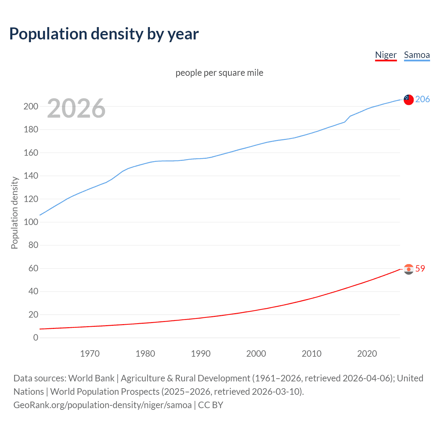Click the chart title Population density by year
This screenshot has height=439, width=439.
(104, 34)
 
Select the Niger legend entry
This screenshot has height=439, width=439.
(386, 55)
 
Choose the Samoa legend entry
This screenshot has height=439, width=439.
(417, 55)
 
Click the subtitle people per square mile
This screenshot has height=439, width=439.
(219, 73)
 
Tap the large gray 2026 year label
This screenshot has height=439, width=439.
(76, 108)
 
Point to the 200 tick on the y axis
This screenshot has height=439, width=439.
(31, 106)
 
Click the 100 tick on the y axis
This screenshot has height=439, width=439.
(31, 222)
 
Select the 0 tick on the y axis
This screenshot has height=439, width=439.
(36, 337)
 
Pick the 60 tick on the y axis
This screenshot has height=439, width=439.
(33, 268)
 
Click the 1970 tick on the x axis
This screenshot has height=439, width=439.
(90, 354)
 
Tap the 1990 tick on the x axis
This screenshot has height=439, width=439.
(201, 354)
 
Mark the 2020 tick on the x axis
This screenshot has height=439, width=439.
(367, 354)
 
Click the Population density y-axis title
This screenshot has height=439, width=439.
(14, 213)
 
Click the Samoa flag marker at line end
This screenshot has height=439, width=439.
(408, 99)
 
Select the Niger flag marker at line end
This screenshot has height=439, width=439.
(408, 269)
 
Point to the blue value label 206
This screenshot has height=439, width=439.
(423, 99)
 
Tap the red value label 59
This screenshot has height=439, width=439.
(420, 269)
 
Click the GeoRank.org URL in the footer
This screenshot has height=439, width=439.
(103, 405)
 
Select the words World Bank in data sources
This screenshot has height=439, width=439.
(91, 378)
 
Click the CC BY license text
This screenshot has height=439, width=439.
(211, 405)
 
